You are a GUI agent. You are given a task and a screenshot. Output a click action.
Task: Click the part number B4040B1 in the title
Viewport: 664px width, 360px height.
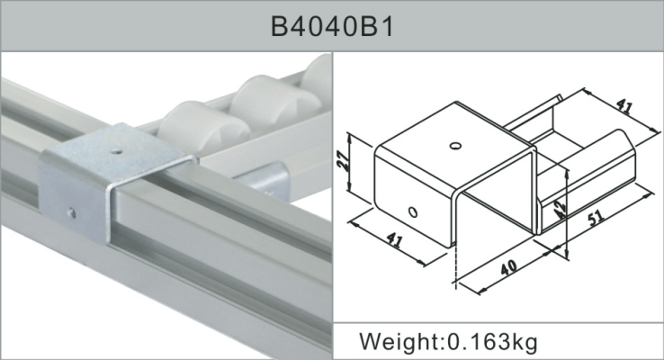[332, 26]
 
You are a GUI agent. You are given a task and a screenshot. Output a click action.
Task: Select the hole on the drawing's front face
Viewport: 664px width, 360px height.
[412, 212]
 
